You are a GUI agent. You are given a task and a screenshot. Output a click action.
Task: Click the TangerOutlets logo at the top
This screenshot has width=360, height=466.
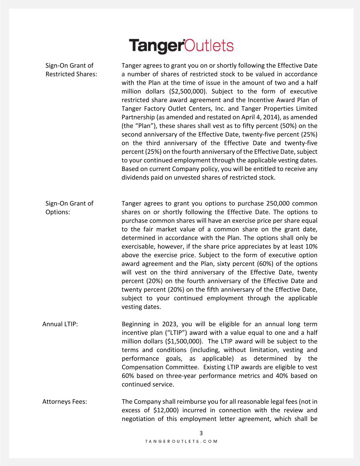(181, 46)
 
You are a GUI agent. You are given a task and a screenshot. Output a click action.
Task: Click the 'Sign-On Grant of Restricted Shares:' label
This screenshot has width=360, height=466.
(71, 70)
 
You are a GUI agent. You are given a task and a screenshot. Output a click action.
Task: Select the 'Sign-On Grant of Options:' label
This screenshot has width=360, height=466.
(69, 208)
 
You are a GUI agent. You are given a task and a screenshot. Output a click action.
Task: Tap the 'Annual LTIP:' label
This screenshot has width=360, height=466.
(60, 324)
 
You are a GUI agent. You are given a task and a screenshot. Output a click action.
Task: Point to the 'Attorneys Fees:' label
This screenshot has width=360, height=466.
(64, 401)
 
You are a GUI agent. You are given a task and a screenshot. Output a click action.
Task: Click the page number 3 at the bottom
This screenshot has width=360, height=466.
(201, 433)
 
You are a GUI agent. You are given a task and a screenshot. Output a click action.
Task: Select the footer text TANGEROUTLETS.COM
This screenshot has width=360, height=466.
(181, 441)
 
